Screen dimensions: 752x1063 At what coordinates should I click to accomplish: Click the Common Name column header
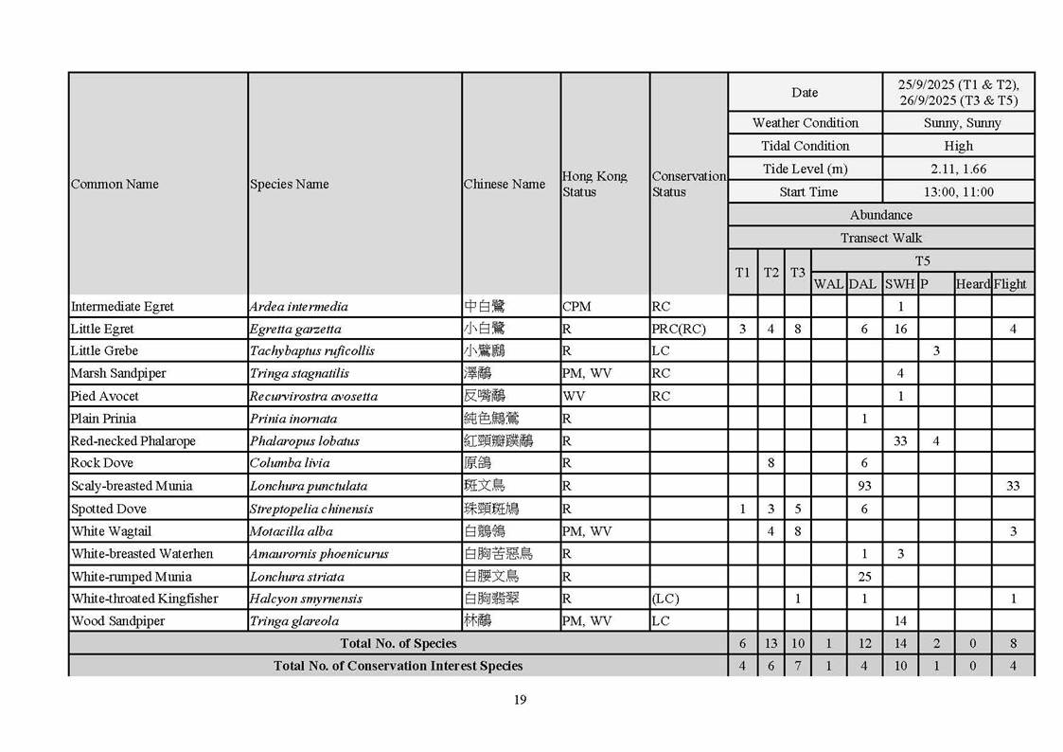(x=115, y=184)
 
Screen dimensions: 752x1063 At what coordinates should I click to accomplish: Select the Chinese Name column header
(x=505, y=184)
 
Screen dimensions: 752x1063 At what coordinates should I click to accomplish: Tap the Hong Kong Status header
(x=594, y=184)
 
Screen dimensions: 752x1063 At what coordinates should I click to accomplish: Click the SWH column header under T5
(x=899, y=284)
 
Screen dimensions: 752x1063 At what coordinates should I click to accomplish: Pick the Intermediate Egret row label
(x=122, y=307)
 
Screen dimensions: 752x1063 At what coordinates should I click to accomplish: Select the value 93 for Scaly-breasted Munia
(x=862, y=486)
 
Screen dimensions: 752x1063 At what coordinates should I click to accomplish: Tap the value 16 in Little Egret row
(x=900, y=329)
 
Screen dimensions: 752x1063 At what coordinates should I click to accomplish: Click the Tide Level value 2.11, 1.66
(x=958, y=169)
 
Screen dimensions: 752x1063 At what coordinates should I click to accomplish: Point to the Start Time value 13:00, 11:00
(x=958, y=191)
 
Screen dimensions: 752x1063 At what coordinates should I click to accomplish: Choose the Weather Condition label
(x=805, y=123)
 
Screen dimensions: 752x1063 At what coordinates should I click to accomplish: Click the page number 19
(x=520, y=700)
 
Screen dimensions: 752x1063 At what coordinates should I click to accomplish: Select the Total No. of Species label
(x=398, y=643)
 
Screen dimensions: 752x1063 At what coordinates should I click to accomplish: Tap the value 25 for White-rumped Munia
(x=863, y=576)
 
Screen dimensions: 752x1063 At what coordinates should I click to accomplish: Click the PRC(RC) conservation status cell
(x=679, y=329)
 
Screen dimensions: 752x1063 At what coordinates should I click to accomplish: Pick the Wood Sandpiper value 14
(x=900, y=621)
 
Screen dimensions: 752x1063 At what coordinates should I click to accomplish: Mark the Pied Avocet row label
(x=104, y=396)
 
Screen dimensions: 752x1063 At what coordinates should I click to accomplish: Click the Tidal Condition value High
(x=958, y=146)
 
